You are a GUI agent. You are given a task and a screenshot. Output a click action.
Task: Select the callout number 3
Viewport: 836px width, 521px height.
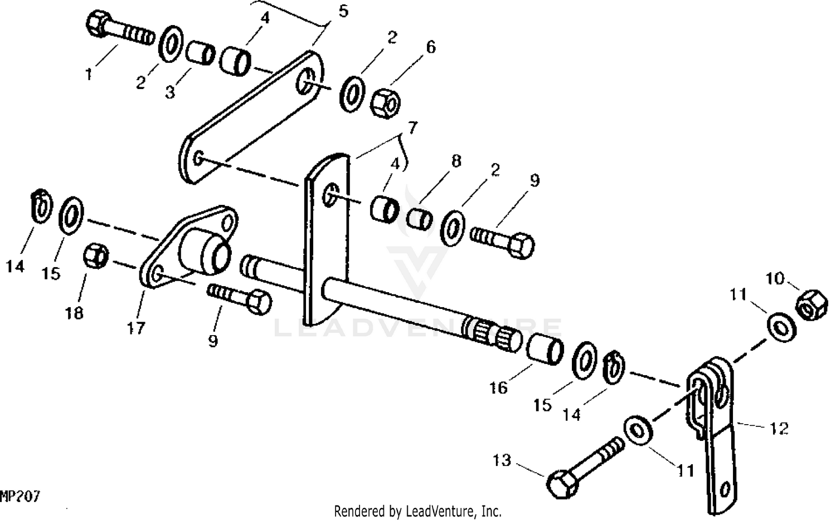pos(170,92)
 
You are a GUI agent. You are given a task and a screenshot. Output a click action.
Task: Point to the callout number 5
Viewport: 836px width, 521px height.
pos(343,11)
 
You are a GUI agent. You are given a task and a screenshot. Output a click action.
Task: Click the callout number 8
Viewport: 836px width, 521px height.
pos(456,161)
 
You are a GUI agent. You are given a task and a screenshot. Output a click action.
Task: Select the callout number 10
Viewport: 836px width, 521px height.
pos(775,278)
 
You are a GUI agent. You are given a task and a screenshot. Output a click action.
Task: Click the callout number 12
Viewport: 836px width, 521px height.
pos(779,428)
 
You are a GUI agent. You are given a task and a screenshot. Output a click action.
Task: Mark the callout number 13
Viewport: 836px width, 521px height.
pos(502,461)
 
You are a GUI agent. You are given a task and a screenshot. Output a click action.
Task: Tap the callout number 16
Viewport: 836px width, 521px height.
pos(498,387)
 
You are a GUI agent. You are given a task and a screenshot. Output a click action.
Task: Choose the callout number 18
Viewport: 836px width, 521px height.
pos(74,313)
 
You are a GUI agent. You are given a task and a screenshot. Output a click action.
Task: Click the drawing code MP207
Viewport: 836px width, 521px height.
pos(20,497)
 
